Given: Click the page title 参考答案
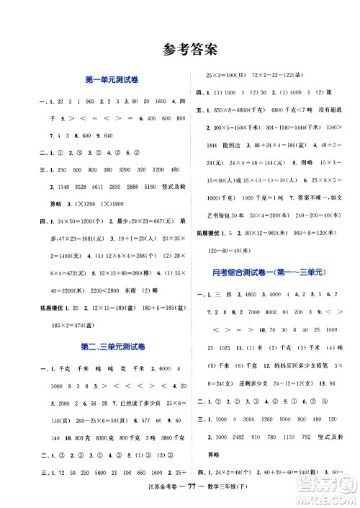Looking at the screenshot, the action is (x=179, y=50).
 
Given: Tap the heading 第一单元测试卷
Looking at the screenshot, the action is (x=109, y=80).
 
